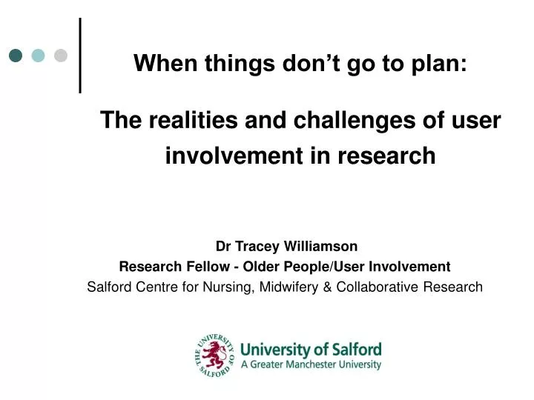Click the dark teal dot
coord(16,56)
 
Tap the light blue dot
coord(38,56)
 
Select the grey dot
coord(61,56)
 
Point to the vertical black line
coord(80,56)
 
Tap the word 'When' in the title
coord(165,63)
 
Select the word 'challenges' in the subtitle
coord(355,121)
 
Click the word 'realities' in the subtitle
coord(193,120)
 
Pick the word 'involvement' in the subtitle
coord(234,156)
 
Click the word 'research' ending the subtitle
coord(386,156)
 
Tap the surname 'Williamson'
coord(320,246)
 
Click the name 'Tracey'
coord(257,247)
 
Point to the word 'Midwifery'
coord(289,287)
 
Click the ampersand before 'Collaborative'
coord(327,287)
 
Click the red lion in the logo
coord(214,356)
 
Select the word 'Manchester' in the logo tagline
coord(311,364)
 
